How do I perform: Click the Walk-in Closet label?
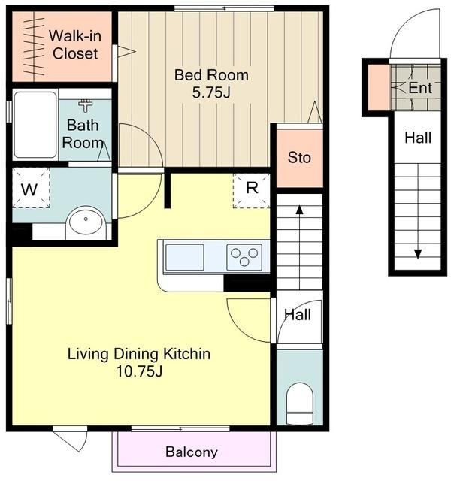click(75, 45)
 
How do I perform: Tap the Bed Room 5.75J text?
click(211, 83)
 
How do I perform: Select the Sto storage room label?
click(299, 158)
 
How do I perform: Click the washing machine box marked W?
click(31, 188)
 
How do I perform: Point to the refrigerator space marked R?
click(252, 191)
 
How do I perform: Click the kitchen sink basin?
click(185, 257)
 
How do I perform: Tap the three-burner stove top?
click(244, 257)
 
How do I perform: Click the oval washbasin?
click(86, 220)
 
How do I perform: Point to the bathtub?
click(35, 125)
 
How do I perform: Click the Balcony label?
click(192, 452)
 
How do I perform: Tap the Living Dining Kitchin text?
click(139, 354)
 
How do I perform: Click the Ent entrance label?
click(420, 88)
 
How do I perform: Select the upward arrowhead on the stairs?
click(299, 210)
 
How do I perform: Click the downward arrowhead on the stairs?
click(418, 254)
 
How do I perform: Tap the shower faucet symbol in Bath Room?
click(86, 106)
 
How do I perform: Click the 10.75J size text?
click(139, 371)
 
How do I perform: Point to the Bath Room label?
click(83, 134)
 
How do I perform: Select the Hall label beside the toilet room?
click(298, 315)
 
